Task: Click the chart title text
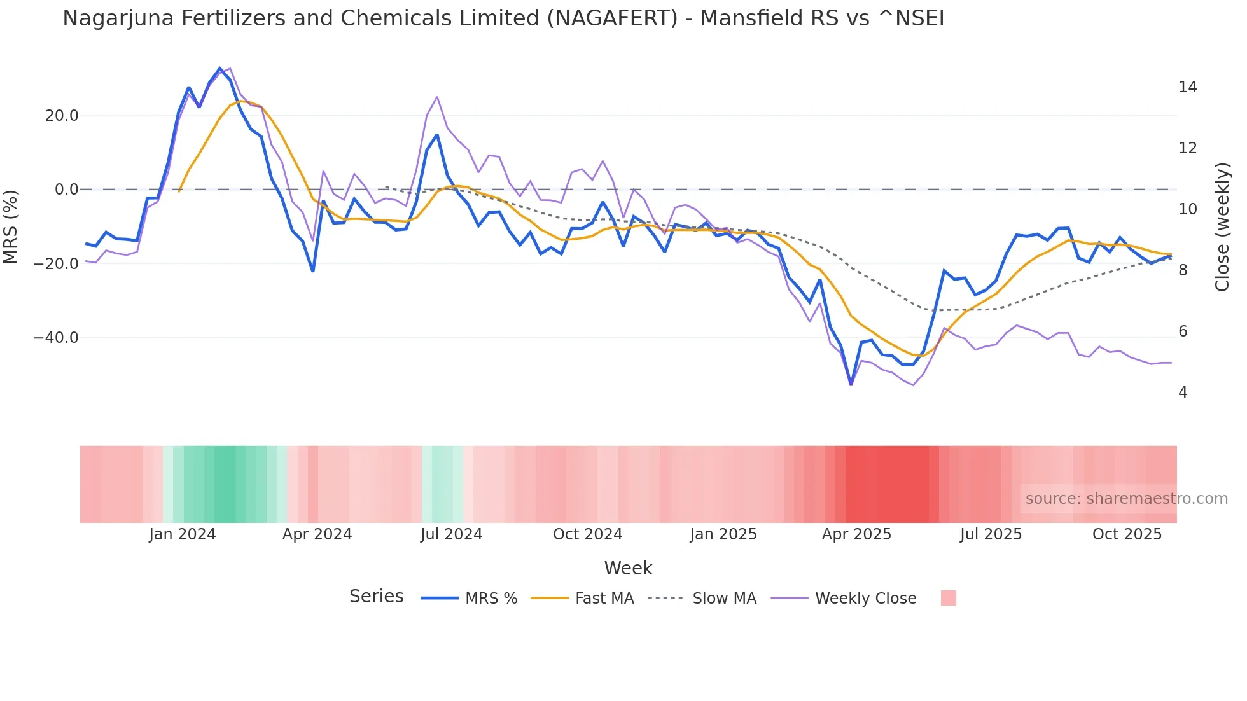(x=503, y=18)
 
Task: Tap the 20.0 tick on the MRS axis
(x=62, y=116)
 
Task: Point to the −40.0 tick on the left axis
(x=56, y=338)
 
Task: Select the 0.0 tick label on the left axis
(x=66, y=190)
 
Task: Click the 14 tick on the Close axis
(x=1187, y=87)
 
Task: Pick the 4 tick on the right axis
(x=1183, y=392)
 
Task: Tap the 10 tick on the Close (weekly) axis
(x=1187, y=209)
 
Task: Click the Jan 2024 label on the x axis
(x=183, y=534)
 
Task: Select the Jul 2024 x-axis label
(x=451, y=534)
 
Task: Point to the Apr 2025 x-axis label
(x=856, y=534)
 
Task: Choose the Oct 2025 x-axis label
(x=1127, y=534)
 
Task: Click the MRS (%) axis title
(x=11, y=227)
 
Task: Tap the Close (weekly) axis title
(x=1222, y=227)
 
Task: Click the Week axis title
(x=628, y=568)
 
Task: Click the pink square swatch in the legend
(x=948, y=598)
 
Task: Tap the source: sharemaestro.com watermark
(x=1126, y=499)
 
